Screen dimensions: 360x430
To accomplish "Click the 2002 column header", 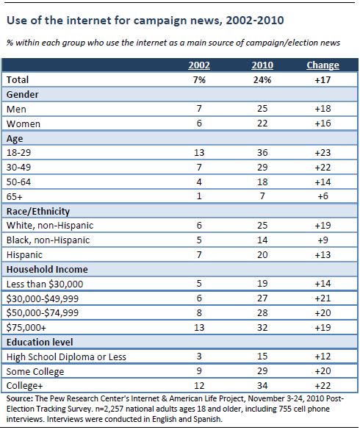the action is [x=199, y=65].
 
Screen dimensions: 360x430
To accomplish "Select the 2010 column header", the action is [x=262, y=65].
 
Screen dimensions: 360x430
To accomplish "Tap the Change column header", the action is [x=323, y=65].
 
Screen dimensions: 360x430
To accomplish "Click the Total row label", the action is [x=18, y=80].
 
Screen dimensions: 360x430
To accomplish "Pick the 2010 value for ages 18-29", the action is [x=262, y=152].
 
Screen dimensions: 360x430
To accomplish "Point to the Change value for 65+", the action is [x=323, y=196].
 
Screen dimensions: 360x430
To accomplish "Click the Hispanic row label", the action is [x=24, y=255].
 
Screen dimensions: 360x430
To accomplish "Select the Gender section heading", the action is [x=23, y=95].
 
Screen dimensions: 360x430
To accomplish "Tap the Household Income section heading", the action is [x=47, y=269].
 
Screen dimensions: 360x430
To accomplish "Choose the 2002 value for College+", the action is [x=199, y=386].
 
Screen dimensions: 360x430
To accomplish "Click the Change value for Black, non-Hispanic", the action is [x=323, y=240].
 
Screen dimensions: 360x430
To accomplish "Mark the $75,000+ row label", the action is [x=26, y=327].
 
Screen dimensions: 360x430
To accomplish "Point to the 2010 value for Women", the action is [x=262, y=123].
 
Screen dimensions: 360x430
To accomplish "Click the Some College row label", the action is [x=35, y=372].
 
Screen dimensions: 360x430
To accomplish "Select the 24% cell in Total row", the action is [x=262, y=80].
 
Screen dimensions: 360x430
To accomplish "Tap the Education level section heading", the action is [x=40, y=343].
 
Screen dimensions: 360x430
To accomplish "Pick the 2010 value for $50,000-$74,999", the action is [x=262, y=313].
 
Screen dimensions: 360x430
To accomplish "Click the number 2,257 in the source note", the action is [x=112, y=409].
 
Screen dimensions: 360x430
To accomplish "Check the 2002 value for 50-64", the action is [x=199, y=182].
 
